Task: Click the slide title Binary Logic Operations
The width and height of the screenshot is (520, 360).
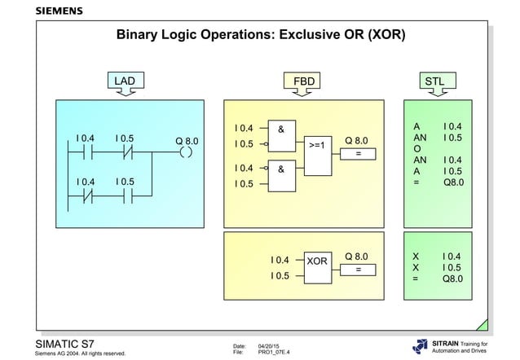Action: pyautogui.click(x=261, y=37)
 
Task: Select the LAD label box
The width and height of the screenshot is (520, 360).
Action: pyautogui.click(x=125, y=81)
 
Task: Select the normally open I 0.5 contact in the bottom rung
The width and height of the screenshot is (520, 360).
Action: pyautogui.click(x=126, y=195)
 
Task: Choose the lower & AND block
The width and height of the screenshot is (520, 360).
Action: pyautogui.click(x=281, y=176)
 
